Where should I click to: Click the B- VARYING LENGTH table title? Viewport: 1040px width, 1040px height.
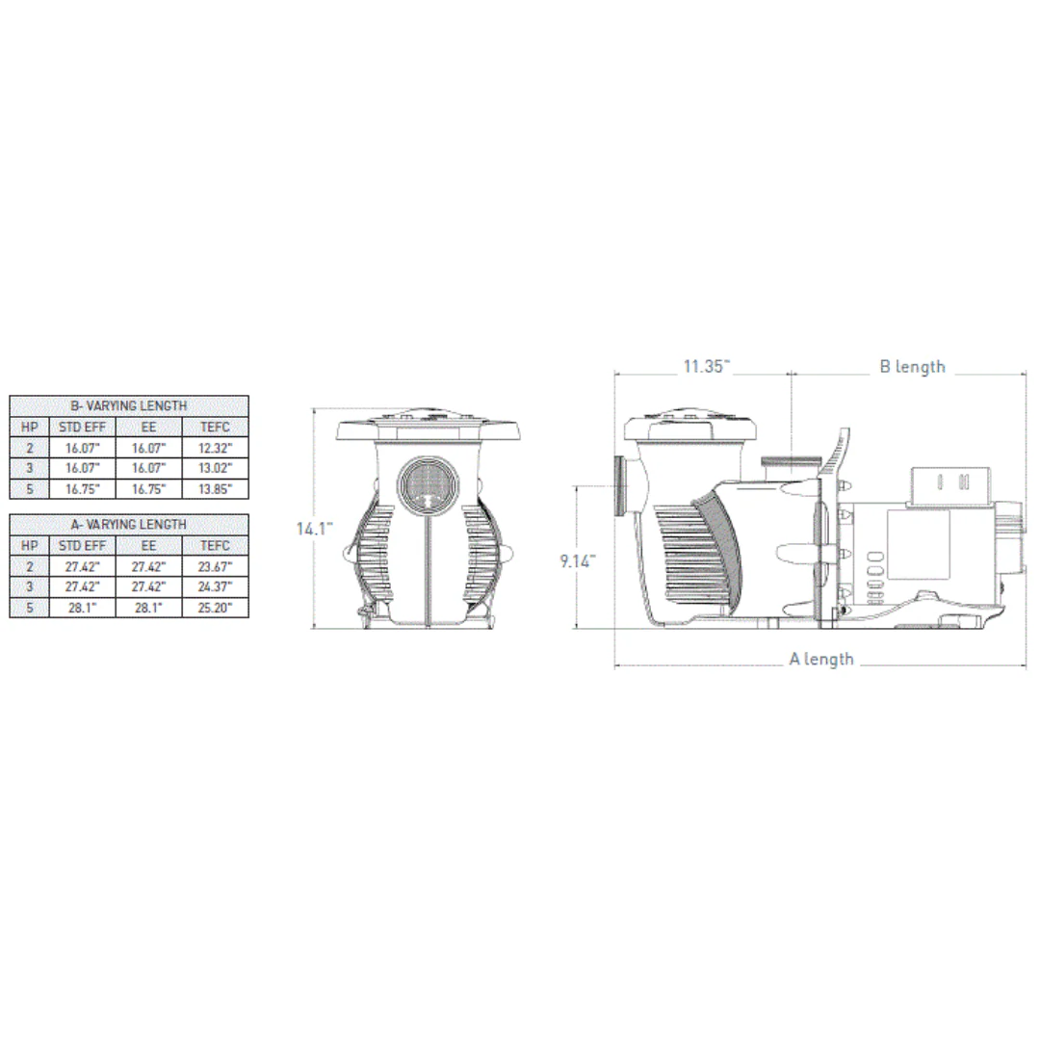point(129,406)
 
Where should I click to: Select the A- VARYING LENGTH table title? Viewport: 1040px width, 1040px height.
point(129,525)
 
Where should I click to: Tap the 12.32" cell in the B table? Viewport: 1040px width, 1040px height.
point(215,449)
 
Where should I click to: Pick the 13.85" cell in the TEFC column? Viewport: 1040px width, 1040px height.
point(215,489)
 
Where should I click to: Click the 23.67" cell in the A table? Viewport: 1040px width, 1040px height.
point(215,567)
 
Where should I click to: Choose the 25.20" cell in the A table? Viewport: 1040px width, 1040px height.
point(215,608)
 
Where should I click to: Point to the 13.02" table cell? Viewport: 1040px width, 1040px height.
point(215,468)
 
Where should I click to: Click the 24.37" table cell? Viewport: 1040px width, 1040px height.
point(215,587)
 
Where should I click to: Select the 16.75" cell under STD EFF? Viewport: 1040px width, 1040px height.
point(82,489)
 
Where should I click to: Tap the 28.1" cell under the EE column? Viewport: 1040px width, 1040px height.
point(148,608)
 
